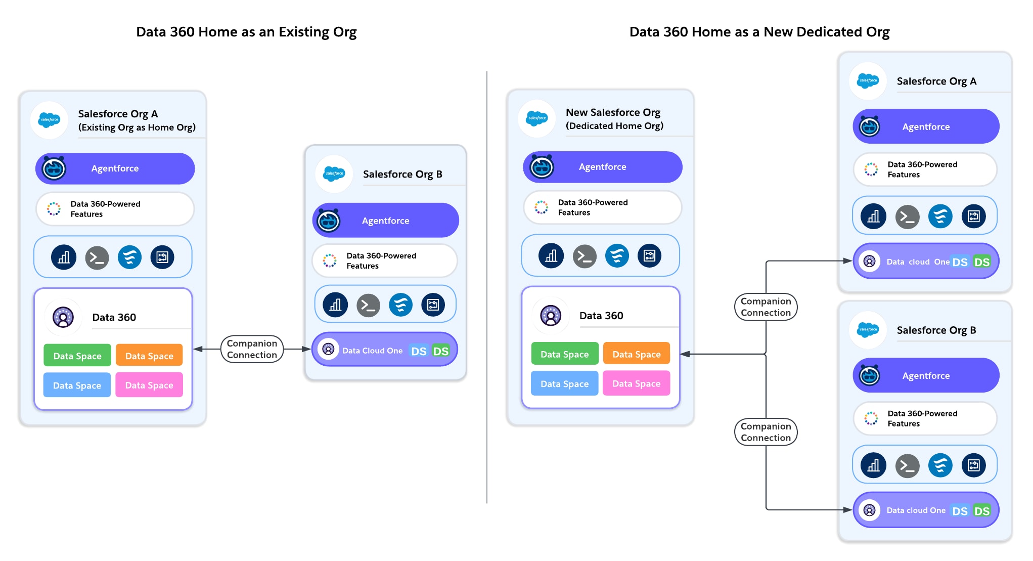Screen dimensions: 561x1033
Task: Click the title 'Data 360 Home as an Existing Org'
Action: click(x=246, y=32)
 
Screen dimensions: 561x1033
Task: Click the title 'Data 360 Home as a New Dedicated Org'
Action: click(x=759, y=32)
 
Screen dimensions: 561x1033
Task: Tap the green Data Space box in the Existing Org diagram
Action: click(x=77, y=356)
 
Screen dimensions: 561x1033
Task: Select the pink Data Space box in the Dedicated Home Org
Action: click(x=636, y=383)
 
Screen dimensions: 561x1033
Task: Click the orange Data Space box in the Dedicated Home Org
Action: click(x=636, y=354)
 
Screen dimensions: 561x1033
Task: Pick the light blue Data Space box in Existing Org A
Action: click(x=77, y=385)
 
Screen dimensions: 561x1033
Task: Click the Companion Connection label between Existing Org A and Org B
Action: click(x=252, y=349)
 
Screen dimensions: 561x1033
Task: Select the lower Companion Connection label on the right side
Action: click(x=766, y=432)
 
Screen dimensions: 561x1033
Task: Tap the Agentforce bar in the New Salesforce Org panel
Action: click(x=602, y=167)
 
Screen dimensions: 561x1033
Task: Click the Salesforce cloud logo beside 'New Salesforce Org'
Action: click(x=536, y=118)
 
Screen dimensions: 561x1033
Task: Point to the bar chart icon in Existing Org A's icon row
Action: click(x=64, y=257)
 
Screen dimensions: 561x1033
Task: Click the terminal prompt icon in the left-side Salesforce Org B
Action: click(x=368, y=306)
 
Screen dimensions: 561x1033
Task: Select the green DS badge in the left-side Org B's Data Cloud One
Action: click(x=440, y=351)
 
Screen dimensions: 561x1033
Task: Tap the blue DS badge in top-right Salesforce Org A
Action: click(x=959, y=262)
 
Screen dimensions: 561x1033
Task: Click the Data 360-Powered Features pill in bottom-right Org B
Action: click(x=924, y=418)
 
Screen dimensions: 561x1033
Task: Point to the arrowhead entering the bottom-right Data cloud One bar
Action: click(x=848, y=510)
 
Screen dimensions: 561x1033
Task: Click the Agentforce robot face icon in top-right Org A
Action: click(x=870, y=126)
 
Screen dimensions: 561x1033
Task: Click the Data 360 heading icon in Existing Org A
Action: click(x=63, y=317)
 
